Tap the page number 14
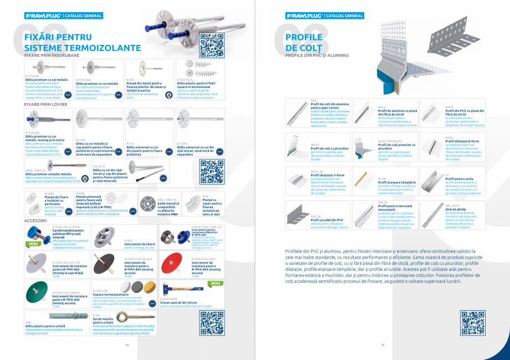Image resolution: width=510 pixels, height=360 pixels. (x=127, y=345)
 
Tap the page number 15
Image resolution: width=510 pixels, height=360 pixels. (x=382, y=345)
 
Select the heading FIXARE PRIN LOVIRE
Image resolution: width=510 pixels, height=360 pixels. (x=45, y=104)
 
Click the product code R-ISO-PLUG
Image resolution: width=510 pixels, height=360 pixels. (x=185, y=79)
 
